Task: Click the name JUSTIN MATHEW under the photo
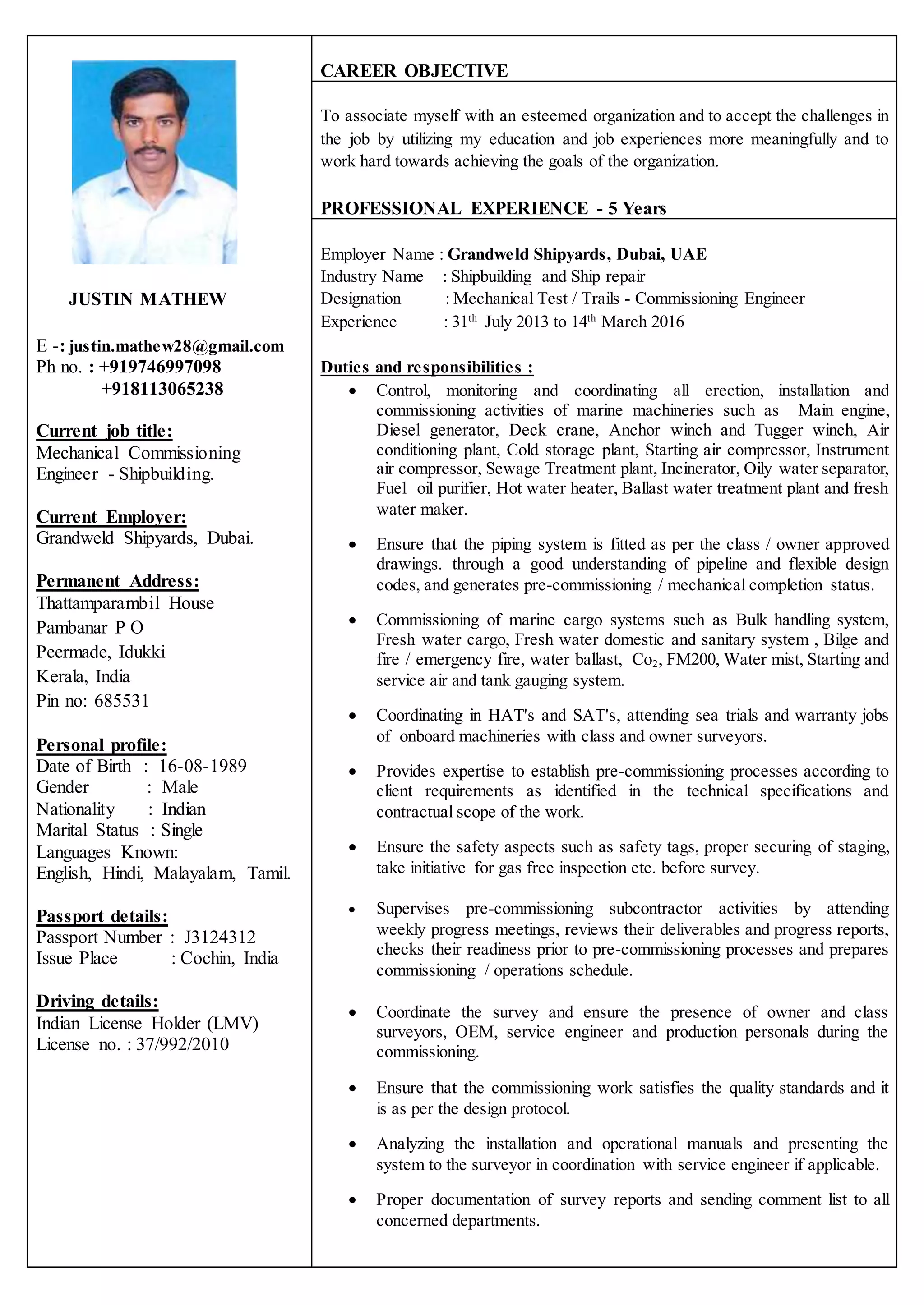coord(148,299)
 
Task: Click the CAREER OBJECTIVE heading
coord(414,71)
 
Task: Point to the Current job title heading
coord(104,431)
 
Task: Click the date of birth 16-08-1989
coord(203,766)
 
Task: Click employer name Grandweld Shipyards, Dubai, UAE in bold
coord(577,254)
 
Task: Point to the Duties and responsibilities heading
coord(427,368)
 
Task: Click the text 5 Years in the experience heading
coord(637,208)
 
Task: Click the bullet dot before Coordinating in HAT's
coord(353,716)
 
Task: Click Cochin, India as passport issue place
coord(229,958)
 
